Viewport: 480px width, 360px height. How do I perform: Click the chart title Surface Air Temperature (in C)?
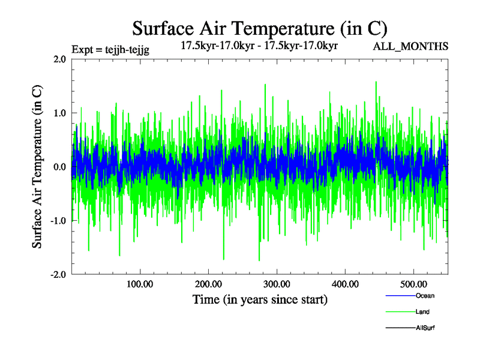[x=260, y=28]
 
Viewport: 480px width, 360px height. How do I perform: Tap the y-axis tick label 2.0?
[x=59, y=59]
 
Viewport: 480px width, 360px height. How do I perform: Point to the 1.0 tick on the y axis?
[x=59, y=113]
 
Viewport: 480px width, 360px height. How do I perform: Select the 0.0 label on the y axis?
[x=59, y=167]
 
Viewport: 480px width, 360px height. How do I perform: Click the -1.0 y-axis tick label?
[x=58, y=221]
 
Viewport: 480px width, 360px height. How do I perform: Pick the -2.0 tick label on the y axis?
[x=58, y=274]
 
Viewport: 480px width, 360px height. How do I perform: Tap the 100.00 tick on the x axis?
[x=140, y=284]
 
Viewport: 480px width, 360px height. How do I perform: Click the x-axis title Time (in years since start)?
[x=260, y=299]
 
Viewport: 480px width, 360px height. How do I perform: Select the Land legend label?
[x=422, y=312]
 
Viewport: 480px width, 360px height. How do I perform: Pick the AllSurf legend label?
[x=425, y=328]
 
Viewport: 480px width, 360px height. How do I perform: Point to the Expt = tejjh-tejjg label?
[x=110, y=50]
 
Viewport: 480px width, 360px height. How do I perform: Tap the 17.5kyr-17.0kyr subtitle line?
[x=260, y=44]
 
